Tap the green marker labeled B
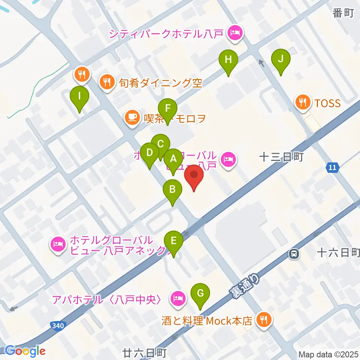(172, 189)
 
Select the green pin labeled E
(173, 240)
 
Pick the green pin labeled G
(200, 293)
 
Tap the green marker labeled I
(79, 96)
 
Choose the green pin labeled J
(281, 58)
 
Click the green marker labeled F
(168, 109)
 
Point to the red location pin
(194, 175)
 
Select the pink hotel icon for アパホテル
(177, 299)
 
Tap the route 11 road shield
(332, 167)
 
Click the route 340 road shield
(57, 325)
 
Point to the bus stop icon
(294, 254)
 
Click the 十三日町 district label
(281, 157)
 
